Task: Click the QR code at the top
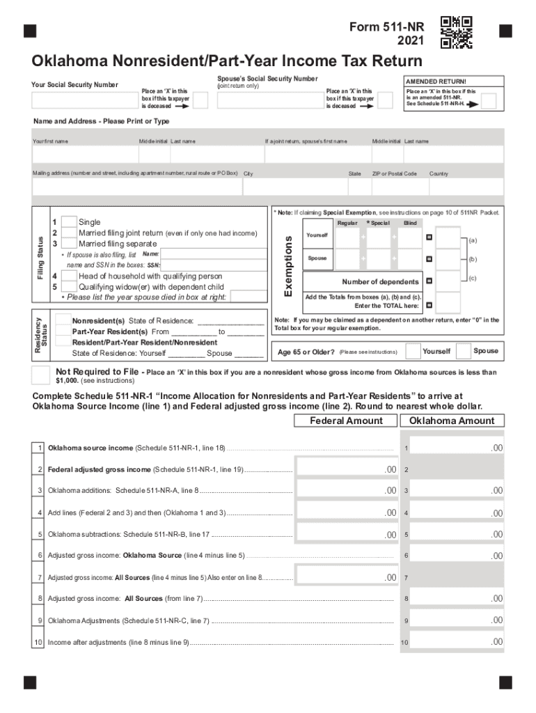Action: (x=457, y=32)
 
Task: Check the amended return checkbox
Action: (x=489, y=102)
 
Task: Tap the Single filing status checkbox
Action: (x=69, y=222)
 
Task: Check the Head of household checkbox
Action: (x=69, y=276)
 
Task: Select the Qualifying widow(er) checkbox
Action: (x=69, y=287)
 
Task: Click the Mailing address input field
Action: (x=136, y=187)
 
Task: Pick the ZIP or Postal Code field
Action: (x=397, y=187)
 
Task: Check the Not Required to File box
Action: (x=40, y=375)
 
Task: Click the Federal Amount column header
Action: (x=346, y=421)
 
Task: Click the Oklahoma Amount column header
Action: (x=452, y=421)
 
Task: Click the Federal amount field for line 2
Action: (x=347, y=469)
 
